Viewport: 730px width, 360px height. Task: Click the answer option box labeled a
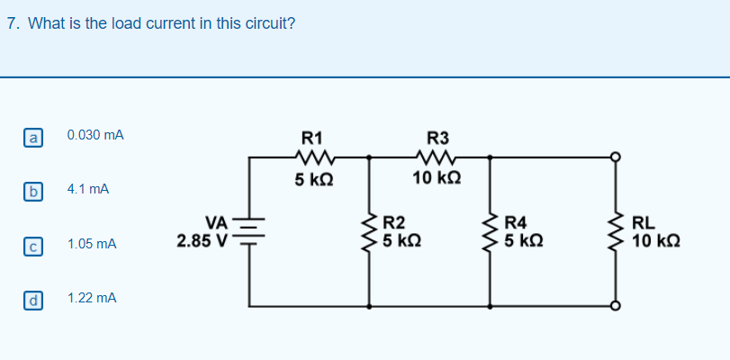(32, 138)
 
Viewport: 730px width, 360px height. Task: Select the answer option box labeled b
(32, 192)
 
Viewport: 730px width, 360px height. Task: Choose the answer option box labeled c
(32, 245)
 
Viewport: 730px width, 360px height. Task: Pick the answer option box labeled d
(32, 299)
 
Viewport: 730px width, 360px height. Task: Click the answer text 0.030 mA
(95, 135)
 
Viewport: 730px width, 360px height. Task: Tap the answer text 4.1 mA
(88, 190)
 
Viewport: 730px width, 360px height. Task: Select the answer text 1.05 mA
(92, 244)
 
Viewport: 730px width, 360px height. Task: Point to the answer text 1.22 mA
(92, 297)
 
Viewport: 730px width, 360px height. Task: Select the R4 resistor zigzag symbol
(491, 232)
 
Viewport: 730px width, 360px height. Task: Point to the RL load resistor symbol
(617, 232)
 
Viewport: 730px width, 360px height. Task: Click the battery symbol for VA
(248, 231)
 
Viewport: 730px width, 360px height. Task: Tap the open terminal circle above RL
(617, 157)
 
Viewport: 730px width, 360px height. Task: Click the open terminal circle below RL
(617, 306)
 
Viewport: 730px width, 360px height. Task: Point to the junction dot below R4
(491, 306)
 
